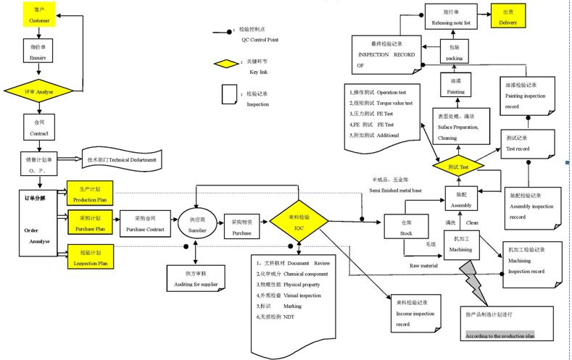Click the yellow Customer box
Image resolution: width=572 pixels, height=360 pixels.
coord(39,15)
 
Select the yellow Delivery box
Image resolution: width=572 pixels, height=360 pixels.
coord(507,17)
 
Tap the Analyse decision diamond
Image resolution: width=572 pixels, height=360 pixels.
coord(39,92)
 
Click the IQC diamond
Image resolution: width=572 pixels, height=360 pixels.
coord(299,222)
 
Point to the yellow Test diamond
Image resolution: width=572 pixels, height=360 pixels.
coord(458,167)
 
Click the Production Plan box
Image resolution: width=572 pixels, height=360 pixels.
coord(90,193)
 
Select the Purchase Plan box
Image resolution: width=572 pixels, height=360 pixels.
coord(90,223)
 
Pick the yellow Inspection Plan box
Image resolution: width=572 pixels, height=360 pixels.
coord(90,257)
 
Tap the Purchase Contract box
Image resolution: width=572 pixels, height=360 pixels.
coord(145,223)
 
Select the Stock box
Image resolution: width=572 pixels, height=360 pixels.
coord(406,229)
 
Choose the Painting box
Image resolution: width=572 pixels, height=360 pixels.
coord(455,87)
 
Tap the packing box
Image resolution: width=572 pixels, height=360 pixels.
coord(455,53)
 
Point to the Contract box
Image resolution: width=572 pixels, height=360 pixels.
coord(39,127)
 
